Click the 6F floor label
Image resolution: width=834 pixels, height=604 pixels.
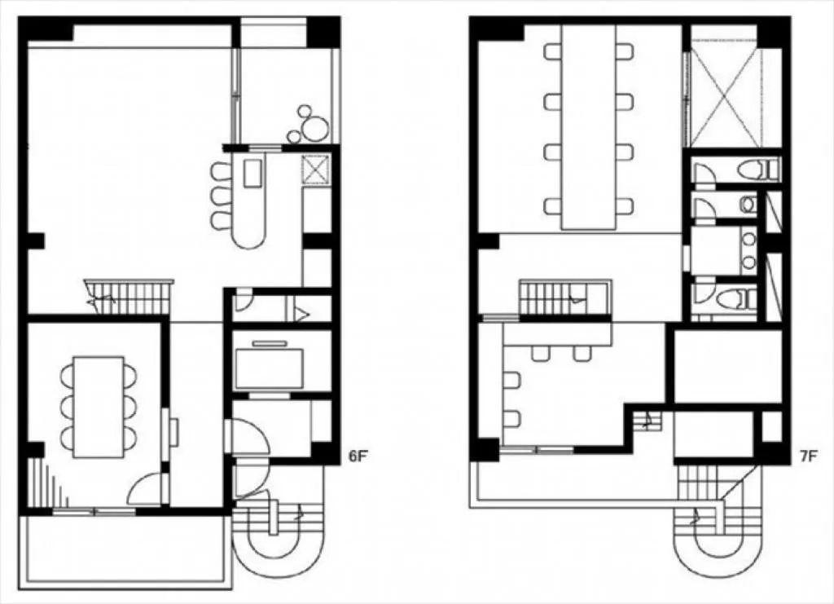tap(358, 456)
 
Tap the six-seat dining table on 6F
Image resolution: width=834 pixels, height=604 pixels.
tap(99, 407)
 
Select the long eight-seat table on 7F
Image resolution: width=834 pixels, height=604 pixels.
tap(588, 126)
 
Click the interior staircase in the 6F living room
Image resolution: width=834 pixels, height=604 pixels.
tap(129, 297)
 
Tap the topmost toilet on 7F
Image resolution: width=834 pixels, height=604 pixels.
tap(759, 170)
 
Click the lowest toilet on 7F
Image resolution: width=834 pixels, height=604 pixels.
tap(736, 298)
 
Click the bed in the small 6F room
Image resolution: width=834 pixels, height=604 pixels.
tap(270, 368)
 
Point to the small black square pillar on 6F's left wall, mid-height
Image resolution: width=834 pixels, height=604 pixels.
tap(36, 241)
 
